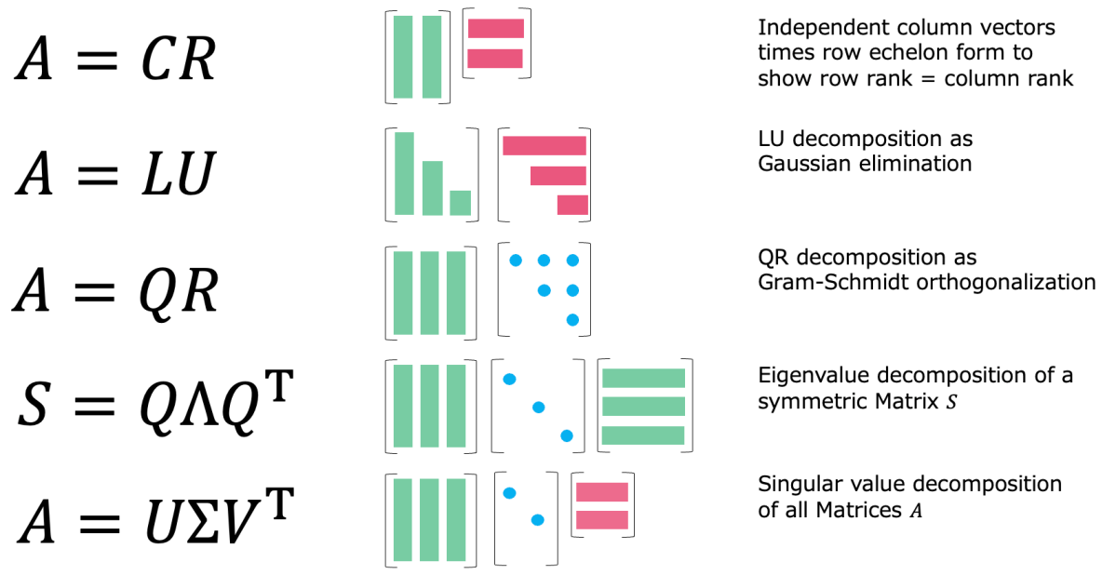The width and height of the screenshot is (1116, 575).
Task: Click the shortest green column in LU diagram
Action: (x=460, y=203)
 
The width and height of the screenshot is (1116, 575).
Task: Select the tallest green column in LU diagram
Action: (x=404, y=174)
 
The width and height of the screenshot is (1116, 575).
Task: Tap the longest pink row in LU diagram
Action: (x=544, y=146)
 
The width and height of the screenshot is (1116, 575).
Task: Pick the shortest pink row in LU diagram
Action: (x=572, y=205)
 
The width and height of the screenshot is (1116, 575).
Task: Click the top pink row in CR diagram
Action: (x=496, y=29)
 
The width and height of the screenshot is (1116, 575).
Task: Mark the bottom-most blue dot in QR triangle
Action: (x=572, y=320)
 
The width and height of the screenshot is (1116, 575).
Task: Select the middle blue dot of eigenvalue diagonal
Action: (x=538, y=407)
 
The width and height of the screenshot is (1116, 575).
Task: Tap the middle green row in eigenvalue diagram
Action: (x=643, y=407)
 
